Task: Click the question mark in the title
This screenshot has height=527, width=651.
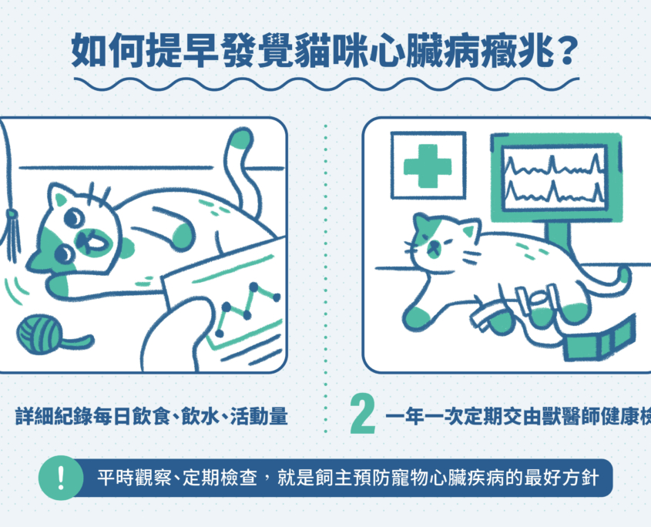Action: (x=566, y=51)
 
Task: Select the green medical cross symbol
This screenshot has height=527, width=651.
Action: (x=428, y=166)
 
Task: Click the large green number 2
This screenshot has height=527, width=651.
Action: (x=363, y=414)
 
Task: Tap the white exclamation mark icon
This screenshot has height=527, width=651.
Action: (x=61, y=478)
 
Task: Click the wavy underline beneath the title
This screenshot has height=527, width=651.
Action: (x=327, y=84)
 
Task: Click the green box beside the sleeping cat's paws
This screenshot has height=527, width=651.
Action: (x=599, y=339)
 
